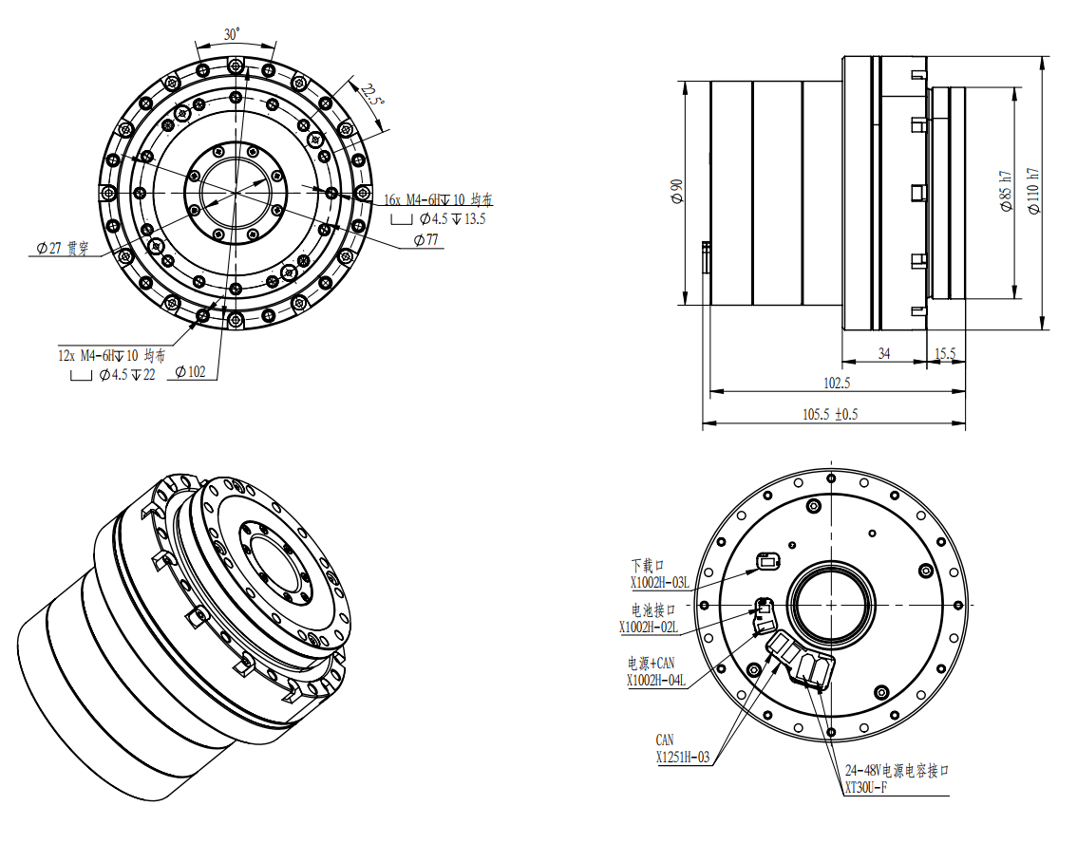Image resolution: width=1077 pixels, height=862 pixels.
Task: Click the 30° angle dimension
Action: tap(232, 34)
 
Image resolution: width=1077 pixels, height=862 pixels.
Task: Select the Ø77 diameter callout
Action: tap(425, 239)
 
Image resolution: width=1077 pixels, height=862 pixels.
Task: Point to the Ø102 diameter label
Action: tap(190, 372)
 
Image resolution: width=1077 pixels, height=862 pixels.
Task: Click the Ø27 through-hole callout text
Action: tap(63, 249)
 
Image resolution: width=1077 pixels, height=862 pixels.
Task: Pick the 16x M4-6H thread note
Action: tap(438, 199)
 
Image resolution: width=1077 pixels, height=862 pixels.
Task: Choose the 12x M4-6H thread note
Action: tap(111, 355)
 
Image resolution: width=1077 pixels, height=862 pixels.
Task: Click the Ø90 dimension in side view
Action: tap(676, 191)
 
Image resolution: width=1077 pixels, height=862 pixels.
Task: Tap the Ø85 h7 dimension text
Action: tap(1007, 191)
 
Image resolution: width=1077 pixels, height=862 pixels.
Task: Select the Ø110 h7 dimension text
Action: tap(1033, 191)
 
